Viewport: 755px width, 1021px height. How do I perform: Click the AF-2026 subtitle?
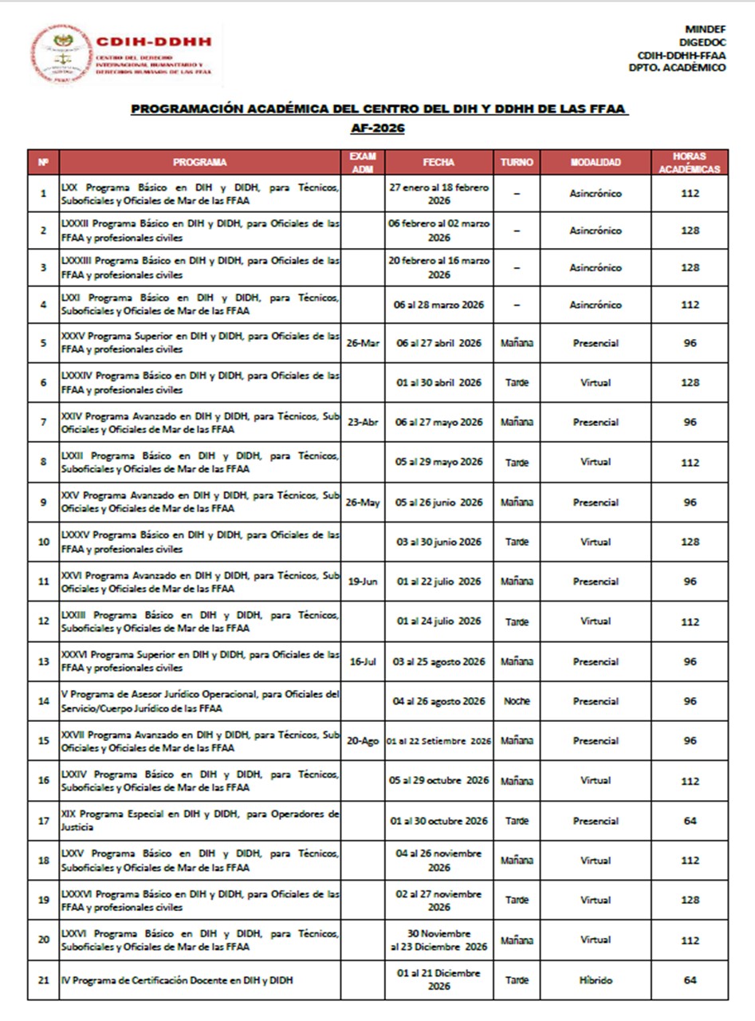(x=377, y=128)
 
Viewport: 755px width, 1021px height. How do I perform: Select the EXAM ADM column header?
(x=363, y=162)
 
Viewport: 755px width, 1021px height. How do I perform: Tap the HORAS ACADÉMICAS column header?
(x=690, y=162)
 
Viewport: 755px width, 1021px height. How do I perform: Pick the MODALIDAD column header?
(x=596, y=162)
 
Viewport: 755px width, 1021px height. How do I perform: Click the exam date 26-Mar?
(x=363, y=343)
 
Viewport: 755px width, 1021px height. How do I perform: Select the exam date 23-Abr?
(x=363, y=423)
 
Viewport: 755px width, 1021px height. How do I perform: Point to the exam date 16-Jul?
(x=363, y=661)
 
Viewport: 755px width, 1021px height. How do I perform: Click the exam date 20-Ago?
(x=363, y=741)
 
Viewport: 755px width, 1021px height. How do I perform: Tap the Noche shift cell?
(x=517, y=701)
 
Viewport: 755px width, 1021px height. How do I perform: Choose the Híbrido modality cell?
(x=596, y=980)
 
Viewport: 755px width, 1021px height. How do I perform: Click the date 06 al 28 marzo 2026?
(x=438, y=305)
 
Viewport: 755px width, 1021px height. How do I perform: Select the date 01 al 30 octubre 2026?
(x=438, y=821)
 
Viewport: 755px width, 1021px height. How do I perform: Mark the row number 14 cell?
(x=43, y=701)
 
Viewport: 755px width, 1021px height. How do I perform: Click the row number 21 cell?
(x=43, y=980)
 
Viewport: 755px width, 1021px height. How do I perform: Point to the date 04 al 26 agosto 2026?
(x=438, y=701)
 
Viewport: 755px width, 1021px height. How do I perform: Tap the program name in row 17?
(x=200, y=821)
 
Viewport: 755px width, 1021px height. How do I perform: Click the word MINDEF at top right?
(x=705, y=30)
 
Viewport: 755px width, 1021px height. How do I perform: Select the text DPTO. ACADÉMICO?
(x=677, y=68)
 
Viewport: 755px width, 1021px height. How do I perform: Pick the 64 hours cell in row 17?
(x=690, y=821)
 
